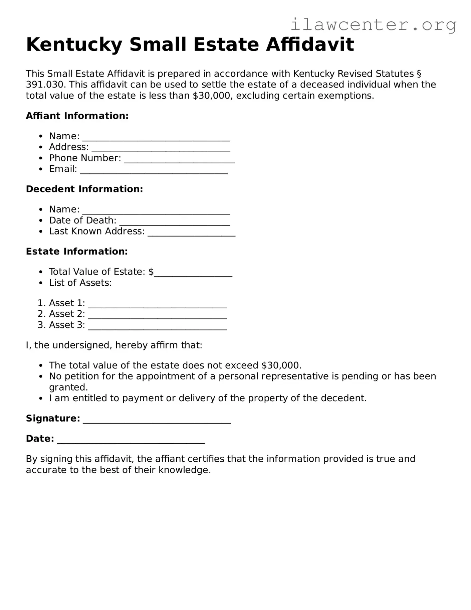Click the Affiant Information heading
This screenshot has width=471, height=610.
coord(77,116)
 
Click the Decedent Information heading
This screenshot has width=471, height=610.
coord(84,189)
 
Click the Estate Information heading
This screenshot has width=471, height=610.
coord(77,252)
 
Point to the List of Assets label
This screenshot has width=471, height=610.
coord(80,283)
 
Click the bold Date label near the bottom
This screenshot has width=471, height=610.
coord(40,439)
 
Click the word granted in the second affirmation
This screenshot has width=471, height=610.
coord(68,388)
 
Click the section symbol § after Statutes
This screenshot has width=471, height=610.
coord(419,74)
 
